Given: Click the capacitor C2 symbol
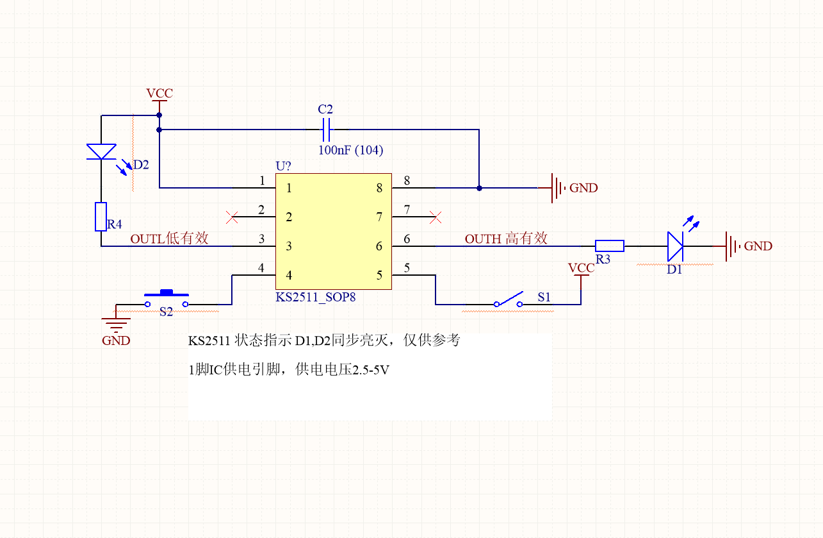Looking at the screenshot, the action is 326,130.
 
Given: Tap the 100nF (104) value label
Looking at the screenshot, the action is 351,150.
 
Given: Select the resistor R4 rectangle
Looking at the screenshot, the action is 101,217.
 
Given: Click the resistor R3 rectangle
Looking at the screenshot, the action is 610,246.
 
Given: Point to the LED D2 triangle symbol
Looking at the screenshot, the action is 101,151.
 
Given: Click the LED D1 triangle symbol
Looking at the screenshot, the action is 675,246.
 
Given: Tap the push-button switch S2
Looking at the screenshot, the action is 167,299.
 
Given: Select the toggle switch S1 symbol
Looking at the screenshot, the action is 508,299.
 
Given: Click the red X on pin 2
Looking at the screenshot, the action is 232,217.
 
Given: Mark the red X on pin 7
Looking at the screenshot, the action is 436,217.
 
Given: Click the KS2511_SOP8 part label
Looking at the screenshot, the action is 316,297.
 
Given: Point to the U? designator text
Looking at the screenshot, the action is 283,166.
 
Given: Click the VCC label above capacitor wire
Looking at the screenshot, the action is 159,93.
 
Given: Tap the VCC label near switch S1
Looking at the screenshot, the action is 582,267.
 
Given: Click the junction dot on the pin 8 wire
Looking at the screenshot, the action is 479,188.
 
